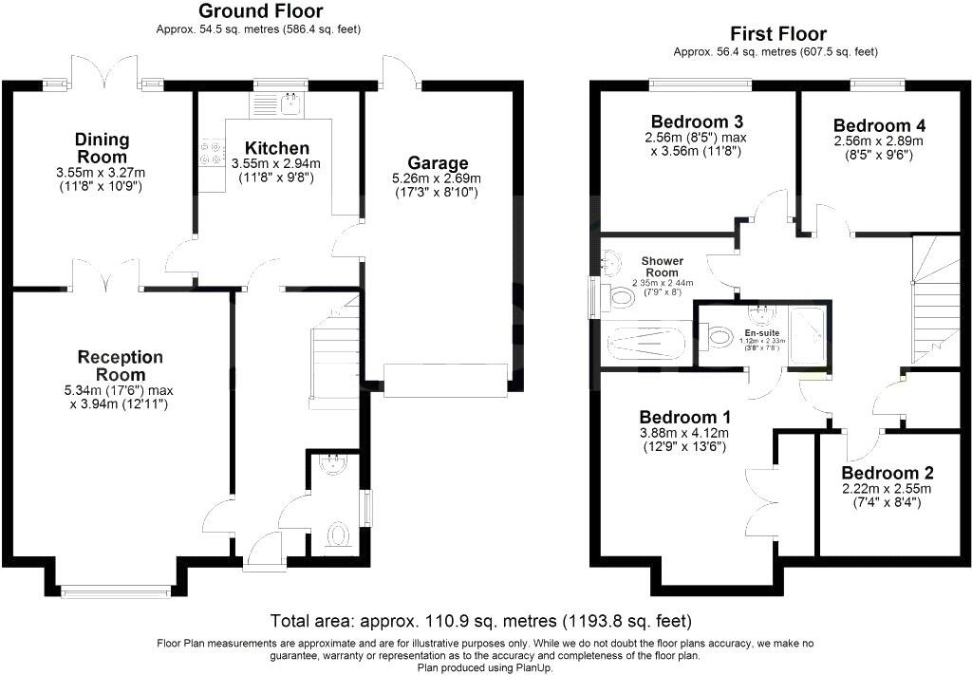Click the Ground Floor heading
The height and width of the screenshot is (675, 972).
[259, 11]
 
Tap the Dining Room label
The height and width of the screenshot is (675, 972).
[102, 148]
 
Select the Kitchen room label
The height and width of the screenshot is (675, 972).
[276, 148]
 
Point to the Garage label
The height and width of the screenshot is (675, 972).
[438, 162]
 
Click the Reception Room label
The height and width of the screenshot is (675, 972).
[121, 366]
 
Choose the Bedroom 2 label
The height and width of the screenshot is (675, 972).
[888, 473]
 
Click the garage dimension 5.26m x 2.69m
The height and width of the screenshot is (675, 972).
[438, 178]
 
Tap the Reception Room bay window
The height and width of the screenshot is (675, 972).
[116, 591]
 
